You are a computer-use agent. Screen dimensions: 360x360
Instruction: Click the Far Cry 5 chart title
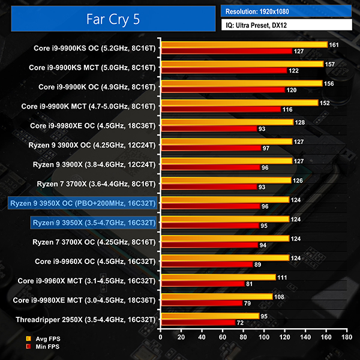tap(113, 19)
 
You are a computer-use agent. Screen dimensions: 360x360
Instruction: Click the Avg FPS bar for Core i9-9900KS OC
tap(243, 45)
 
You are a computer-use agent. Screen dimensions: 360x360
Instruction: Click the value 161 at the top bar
tap(334, 44)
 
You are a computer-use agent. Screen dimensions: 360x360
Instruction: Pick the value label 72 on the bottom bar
tap(242, 322)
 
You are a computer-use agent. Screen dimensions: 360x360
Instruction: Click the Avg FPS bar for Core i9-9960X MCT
tap(217, 277)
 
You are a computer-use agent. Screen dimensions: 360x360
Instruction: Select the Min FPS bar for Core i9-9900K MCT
tap(220, 110)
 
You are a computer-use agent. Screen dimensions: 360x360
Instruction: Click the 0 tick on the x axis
tap(160, 338)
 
